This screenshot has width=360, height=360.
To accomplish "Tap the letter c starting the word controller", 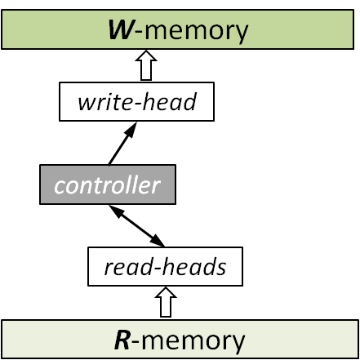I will coord(60,186).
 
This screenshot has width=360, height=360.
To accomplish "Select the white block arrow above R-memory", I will coord(167,303).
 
